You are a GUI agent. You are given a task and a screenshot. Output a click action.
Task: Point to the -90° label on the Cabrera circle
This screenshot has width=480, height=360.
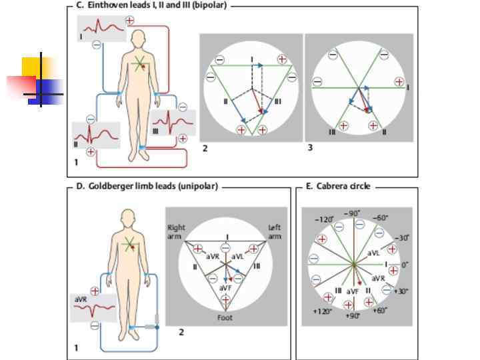(352, 213)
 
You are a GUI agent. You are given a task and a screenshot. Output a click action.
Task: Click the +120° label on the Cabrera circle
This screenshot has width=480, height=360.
(322, 311)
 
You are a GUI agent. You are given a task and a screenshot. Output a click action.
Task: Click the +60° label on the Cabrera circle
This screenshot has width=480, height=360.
(381, 311)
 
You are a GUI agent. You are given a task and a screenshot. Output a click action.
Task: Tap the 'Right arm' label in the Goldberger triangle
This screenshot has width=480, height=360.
(177, 231)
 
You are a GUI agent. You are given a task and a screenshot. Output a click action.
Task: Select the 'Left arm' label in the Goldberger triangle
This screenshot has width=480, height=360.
(275, 231)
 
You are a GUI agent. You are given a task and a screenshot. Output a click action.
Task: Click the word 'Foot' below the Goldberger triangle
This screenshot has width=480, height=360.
(225, 317)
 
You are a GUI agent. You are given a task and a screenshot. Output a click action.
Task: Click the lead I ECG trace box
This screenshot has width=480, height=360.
(101, 29)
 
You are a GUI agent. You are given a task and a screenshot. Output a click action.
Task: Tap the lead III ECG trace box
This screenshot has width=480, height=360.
(173, 123)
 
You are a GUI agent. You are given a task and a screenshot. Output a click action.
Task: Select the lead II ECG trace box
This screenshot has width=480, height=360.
(96, 136)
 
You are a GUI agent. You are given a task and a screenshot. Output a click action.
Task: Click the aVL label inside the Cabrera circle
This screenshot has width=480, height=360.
(374, 253)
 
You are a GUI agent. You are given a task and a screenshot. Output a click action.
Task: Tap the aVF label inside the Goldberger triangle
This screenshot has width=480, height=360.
(226, 287)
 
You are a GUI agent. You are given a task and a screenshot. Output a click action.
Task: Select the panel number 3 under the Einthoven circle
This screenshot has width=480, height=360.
(310, 147)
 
